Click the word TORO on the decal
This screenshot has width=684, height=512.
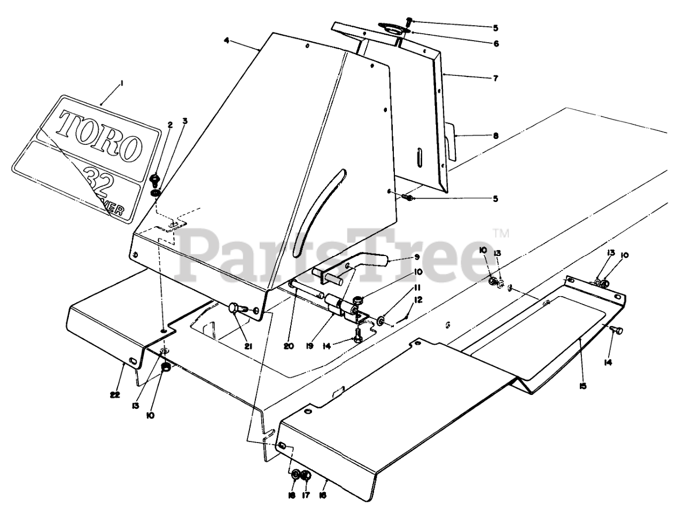(x=100, y=136)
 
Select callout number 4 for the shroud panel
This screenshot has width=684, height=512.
(x=227, y=41)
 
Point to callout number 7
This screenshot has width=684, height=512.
(x=495, y=78)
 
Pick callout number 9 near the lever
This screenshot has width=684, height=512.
(x=417, y=256)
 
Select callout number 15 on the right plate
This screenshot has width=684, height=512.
(x=582, y=385)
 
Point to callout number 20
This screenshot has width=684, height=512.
(x=289, y=346)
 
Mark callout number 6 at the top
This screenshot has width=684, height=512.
(x=495, y=43)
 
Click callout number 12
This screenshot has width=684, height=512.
(x=418, y=300)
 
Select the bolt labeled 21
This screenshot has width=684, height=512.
(x=236, y=308)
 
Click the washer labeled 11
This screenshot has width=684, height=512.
(x=379, y=321)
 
